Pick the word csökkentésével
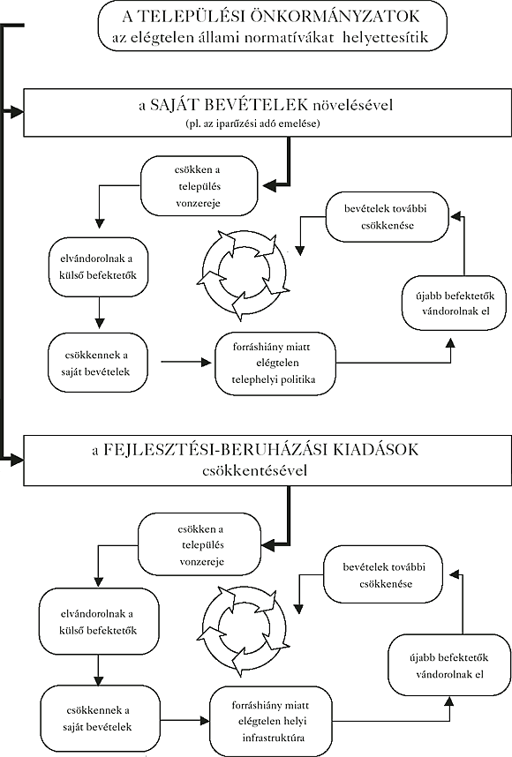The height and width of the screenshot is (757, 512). pyautogui.click(x=255, y=469)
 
